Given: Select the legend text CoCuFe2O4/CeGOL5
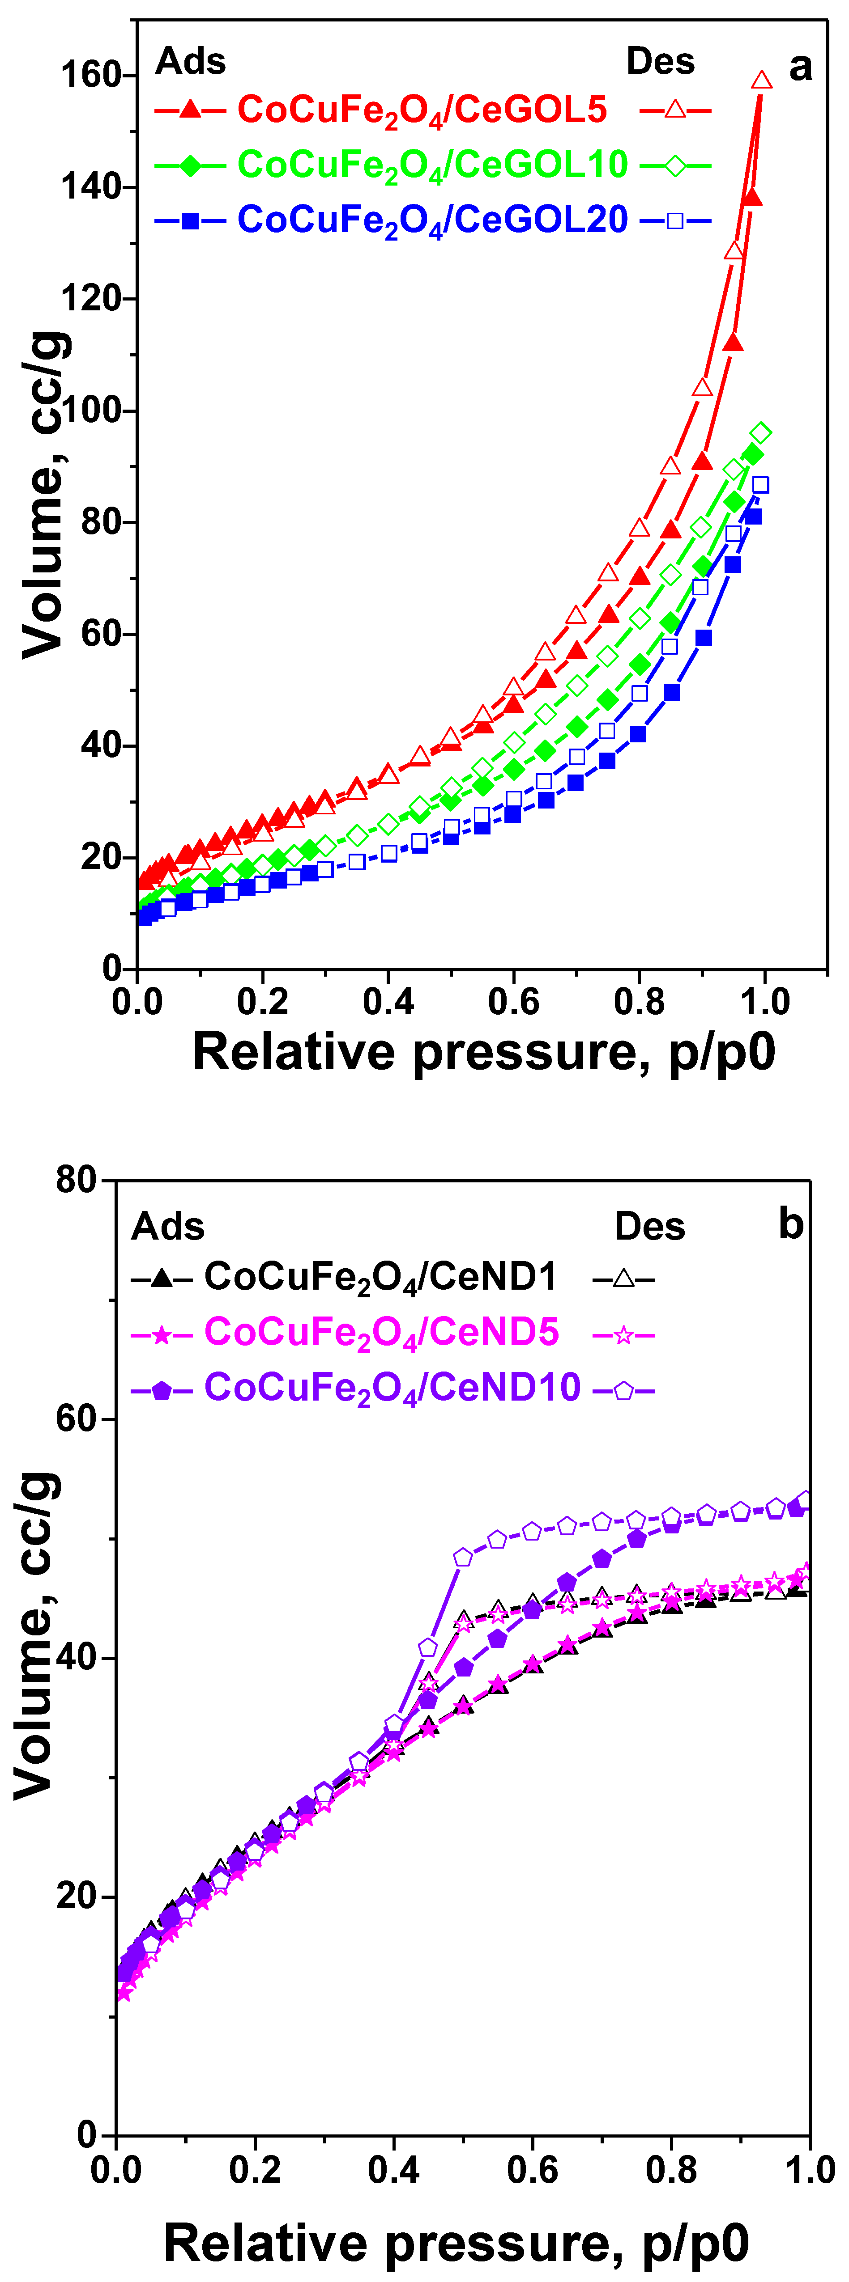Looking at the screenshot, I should (x=422, y=110).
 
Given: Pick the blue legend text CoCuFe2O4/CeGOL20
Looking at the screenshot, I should (x=432, y=220).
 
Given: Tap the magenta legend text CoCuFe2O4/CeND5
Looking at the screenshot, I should (x=381, y=1332).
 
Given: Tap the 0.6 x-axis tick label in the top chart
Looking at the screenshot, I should (x=514, y=1002).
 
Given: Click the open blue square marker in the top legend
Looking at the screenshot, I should (x=675, y=220).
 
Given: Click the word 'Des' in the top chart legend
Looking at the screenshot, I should (x=660, y=61).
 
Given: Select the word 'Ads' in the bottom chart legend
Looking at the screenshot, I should (x=167, y=1227).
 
